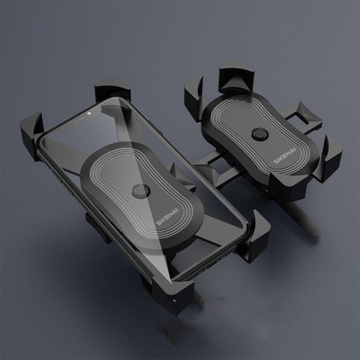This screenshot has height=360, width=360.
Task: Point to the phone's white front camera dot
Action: click(89, 113)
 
